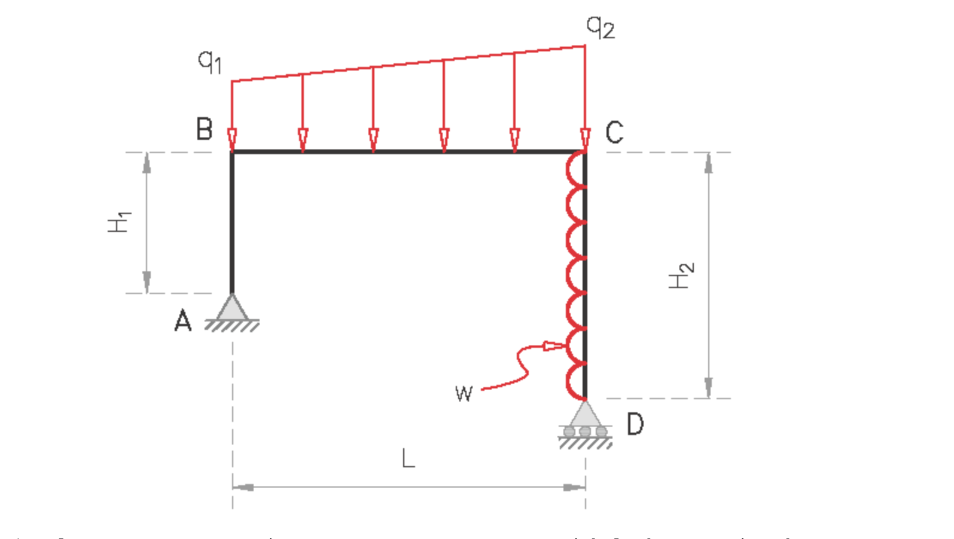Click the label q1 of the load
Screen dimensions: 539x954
210,61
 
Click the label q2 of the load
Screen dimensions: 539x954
600,27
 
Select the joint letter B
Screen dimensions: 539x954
204,129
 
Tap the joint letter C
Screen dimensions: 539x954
614,132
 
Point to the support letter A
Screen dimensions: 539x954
183,321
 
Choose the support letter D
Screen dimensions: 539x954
635,424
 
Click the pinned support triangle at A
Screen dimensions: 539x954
232,308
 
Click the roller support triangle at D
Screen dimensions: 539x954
585,414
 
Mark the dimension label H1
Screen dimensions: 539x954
119,222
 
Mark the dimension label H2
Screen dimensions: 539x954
681,275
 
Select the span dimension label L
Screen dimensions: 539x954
408,459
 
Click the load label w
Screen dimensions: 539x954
464,394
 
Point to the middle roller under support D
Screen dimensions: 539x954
585,431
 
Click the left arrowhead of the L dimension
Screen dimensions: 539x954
243,487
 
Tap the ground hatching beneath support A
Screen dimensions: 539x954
232,326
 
